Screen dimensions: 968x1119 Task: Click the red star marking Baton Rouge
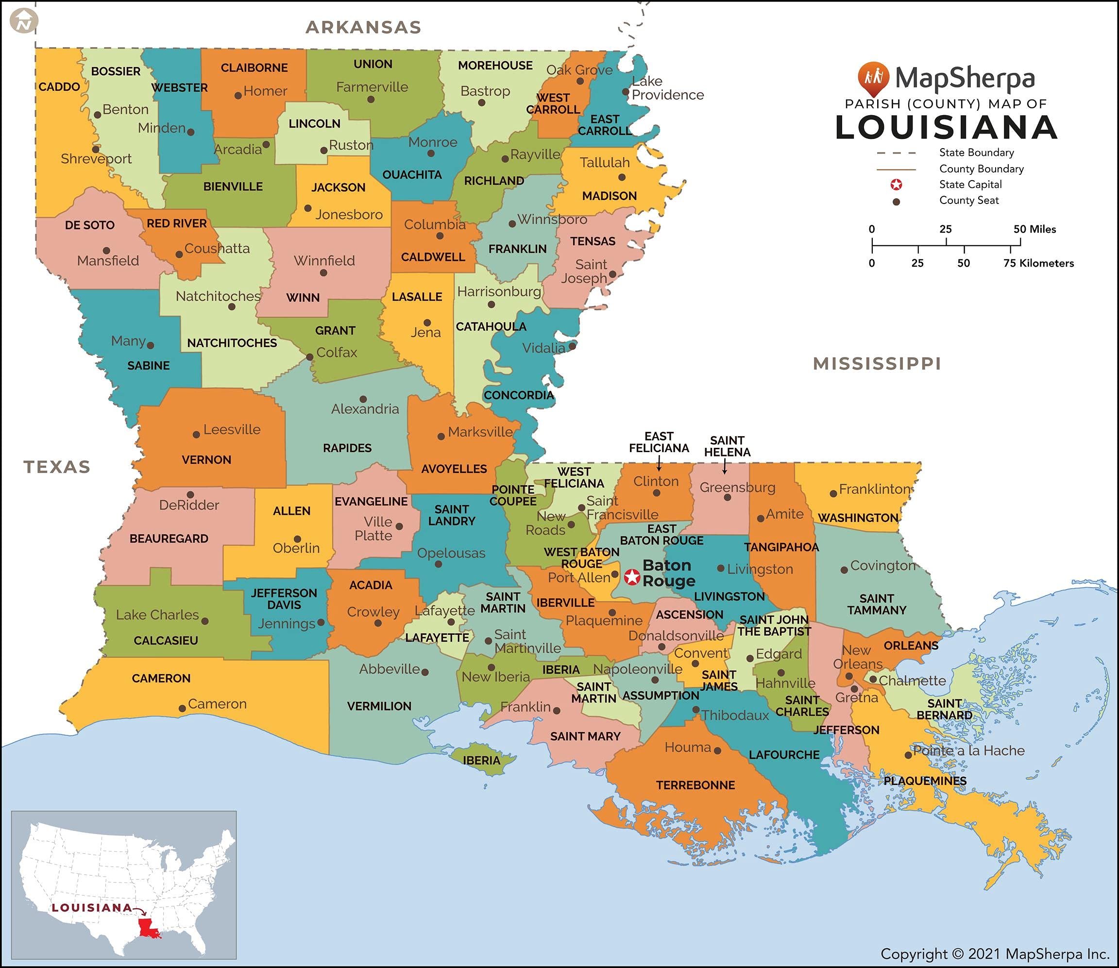coord(631,577)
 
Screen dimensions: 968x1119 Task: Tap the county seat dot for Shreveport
coord(96,150)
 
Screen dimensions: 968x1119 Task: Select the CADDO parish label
coord(59,87)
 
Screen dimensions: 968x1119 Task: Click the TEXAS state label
coord(57,467)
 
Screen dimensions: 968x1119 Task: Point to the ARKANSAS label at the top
coord(363,27)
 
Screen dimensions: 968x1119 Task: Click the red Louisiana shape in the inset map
coord(148,928)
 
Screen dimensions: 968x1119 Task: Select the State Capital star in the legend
coord(896,185)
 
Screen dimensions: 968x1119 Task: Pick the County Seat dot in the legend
coord(896,202)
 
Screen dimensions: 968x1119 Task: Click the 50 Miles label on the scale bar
coord(1034,229)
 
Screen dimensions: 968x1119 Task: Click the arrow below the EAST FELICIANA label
coord(659,463)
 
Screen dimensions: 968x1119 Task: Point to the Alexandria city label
coord(365,409)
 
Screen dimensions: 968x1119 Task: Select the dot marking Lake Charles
coord(204,621)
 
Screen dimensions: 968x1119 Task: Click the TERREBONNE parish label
coord(695,785)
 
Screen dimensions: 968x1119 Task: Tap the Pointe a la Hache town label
coord(968,750)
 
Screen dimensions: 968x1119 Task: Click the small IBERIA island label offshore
coord(481,761)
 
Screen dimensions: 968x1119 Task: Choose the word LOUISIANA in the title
coord(946,128)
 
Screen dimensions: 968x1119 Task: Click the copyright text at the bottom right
coord(994,954)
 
